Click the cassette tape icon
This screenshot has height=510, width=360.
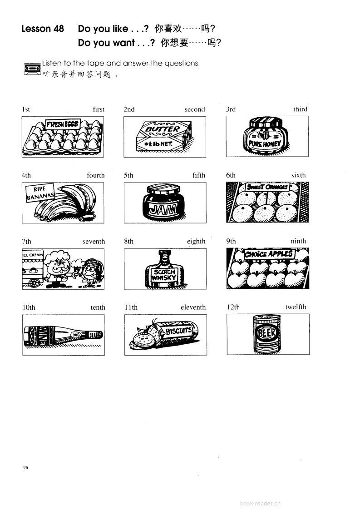(x=32, y=69)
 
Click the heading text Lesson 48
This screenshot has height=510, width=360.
(x=43, y=29)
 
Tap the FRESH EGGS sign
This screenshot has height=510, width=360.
(x=63, y=124)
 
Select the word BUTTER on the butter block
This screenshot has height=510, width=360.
(x=162, y=129)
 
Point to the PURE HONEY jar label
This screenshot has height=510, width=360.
(x=265, y=143)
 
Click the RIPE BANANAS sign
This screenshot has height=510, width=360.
(x=39, y=193)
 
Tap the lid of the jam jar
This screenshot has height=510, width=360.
(x=163, y=189)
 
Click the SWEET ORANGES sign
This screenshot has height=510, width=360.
(x=267, y=187)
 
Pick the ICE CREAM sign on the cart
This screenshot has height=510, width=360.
(x=33, y=255)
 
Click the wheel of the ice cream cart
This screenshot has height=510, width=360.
(x=34, y=282)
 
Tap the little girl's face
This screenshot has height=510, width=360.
(x=89, y=270)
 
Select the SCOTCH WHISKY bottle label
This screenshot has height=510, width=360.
(x=164, y=275)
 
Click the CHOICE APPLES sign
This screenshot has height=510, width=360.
(x=269, y=254)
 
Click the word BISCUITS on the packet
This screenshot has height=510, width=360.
(x=178, y=331)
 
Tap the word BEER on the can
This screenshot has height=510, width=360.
(x=266, y=333)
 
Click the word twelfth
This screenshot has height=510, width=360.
(x=296, y=307)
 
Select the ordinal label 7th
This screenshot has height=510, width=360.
(x=27, y=241)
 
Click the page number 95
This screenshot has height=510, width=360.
(x=26, y=467)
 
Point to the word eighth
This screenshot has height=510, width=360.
(x=196, y=241)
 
